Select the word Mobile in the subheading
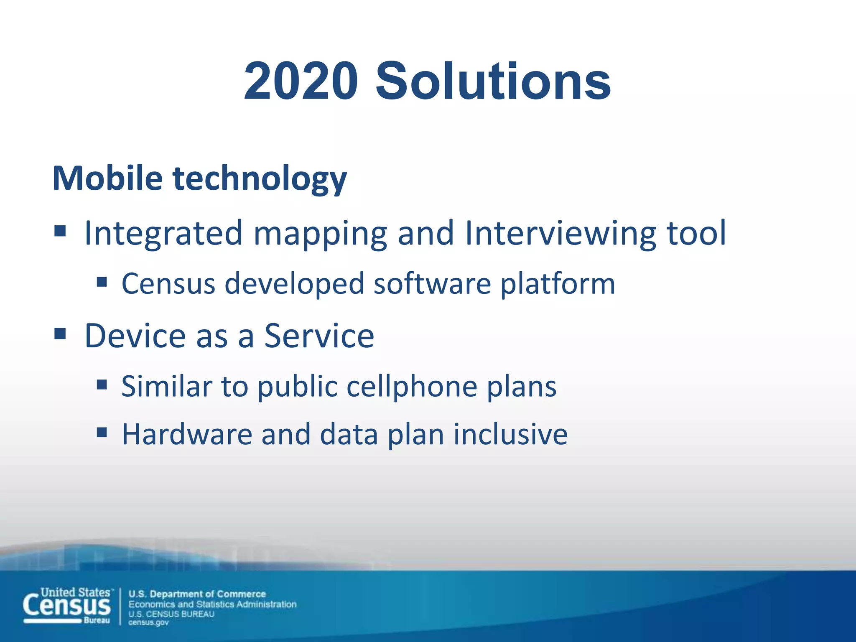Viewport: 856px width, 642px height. (107, 178)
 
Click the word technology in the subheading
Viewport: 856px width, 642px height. (260, 180)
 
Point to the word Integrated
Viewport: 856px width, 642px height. (163, 233)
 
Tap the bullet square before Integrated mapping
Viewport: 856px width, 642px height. (60, 231)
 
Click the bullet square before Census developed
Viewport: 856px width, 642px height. (102, 282)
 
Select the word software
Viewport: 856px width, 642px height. (432, 284)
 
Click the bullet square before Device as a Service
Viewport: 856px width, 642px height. (60, 334)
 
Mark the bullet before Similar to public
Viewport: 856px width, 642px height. (102, 384)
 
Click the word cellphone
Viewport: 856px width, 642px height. (412, 387)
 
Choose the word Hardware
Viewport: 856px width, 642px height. (187, 434)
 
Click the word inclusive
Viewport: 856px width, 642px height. (510, 434)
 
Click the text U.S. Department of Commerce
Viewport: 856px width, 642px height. (197, 594)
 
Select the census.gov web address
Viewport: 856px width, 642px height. (148, 623)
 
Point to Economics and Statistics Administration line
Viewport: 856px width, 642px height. (212, 604)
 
